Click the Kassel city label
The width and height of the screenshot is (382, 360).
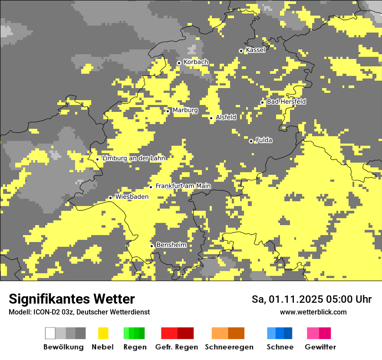click(x=255, y=50)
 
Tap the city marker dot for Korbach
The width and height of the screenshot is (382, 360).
click(x=179, y=63)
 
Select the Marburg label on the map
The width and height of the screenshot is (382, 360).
click(x=185, y=110)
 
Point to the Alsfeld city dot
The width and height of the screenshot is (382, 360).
click(x=211, y=118)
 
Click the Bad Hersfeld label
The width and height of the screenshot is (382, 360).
click(x=286, y=101)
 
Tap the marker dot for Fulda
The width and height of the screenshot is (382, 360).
click(x=251, y=141)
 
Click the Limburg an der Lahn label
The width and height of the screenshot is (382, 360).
click(x=133, y=158)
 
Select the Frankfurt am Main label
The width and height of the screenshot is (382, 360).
click(x=183, y=186)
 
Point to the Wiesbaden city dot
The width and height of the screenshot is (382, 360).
click(x=111, y=198)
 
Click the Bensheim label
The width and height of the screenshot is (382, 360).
click(x=171, y=245)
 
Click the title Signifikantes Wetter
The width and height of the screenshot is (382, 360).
click(x=72, y=299)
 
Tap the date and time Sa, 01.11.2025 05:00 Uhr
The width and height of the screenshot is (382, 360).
click(x=312, y=299)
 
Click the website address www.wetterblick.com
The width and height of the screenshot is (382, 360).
click(x=313, y=312)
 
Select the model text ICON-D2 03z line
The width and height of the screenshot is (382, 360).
click(x=79, y=312)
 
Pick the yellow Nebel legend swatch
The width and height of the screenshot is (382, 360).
click(x=103, y=333)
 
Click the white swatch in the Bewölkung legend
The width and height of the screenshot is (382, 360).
click(x=50, y=333)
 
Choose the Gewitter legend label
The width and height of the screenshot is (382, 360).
click(x=320, y=347)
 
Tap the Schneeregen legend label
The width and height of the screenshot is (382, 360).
click(x=229, y=347)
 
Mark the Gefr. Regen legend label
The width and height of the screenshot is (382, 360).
click(x=176, y=347)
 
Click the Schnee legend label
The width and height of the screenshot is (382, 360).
click(x=280, y=347)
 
